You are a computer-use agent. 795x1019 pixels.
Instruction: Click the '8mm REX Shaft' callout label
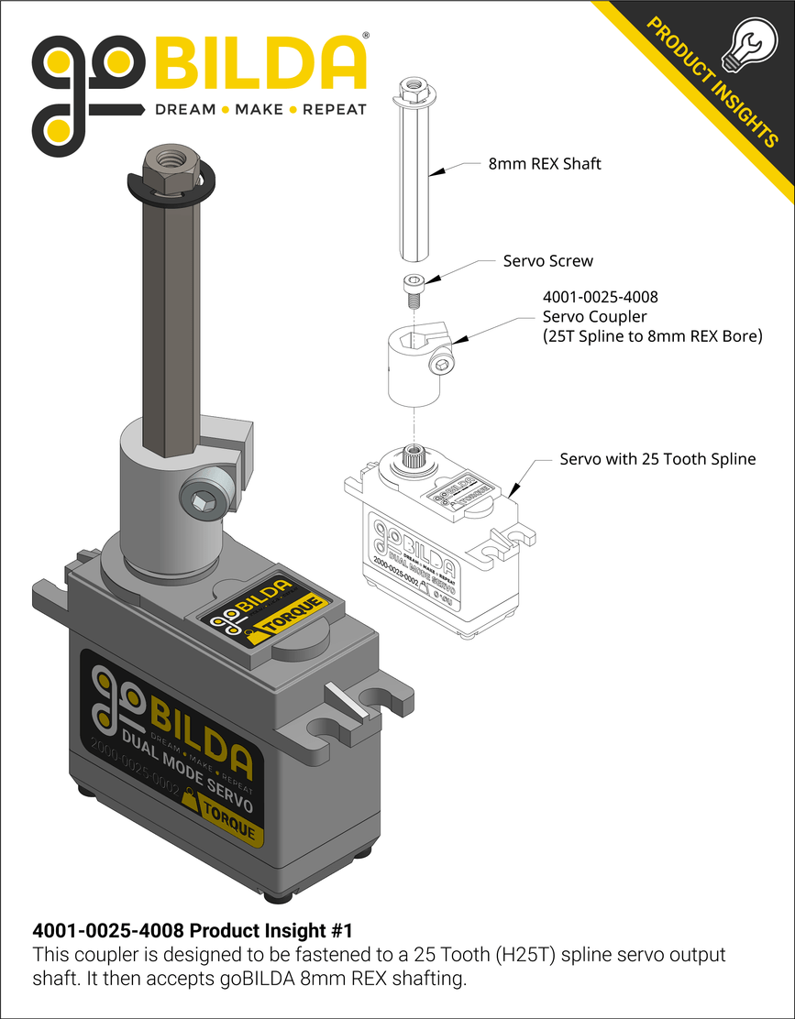pyautogui.click(x=544, y=165)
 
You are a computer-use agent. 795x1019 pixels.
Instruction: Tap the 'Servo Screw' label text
pyautogui.click(x=547, y=261)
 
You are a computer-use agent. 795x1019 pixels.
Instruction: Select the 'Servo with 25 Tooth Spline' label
pyautogui.click(x=657, y=458)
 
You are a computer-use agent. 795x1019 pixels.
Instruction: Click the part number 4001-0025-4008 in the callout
pyautogui.click(x=601, y=298)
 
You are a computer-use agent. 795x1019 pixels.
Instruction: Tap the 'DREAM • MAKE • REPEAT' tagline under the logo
pyautogui.click(x=259, y=110)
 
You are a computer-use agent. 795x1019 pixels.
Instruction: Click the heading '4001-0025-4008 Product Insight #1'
pyautogui.click(x=193, y=930)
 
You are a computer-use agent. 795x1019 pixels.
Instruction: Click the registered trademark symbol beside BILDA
pyautogui.click(x=367, y=35)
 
